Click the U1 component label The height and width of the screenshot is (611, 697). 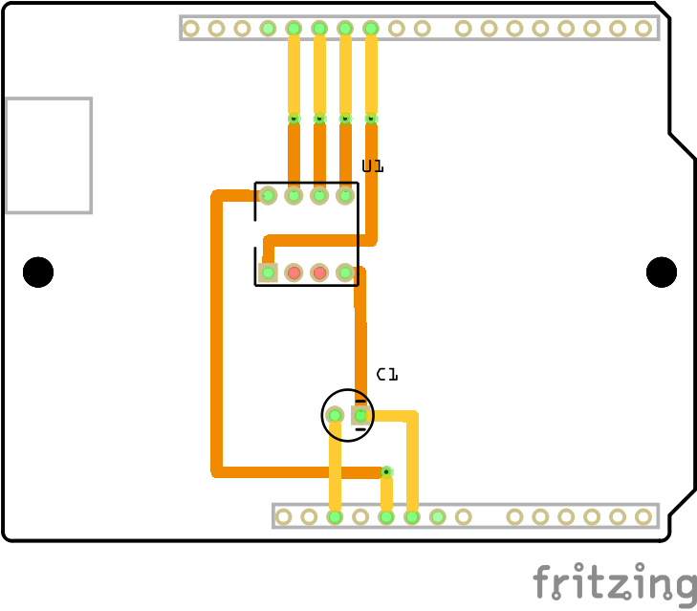[372, 166]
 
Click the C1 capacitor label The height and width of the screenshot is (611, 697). [386, 374]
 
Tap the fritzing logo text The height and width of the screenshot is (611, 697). [614, 582]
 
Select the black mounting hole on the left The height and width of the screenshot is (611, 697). [38, 272]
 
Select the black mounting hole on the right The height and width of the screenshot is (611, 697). [662, 272]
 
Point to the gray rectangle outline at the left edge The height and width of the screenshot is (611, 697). [49, 155]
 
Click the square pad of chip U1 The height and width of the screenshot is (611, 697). [269, 273]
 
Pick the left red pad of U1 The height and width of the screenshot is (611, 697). [294, 273]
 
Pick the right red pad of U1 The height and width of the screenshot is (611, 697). [319, 273]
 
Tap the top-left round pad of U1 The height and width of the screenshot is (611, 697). [269, 195]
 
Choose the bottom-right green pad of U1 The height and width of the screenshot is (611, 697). [345, 273]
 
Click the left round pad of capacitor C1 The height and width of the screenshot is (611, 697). [335, 415]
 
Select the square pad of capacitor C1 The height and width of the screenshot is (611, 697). [360, 415]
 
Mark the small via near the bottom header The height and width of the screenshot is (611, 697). [386, 471]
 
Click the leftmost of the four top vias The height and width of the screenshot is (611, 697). [294, 119]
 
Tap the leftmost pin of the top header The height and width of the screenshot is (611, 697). [191, 28]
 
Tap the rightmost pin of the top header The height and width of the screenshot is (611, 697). [643, 28]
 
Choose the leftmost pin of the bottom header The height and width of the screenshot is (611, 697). [283, 516]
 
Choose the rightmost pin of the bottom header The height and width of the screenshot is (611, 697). [643, 516]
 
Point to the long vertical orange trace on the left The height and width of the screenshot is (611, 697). [217, 335]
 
